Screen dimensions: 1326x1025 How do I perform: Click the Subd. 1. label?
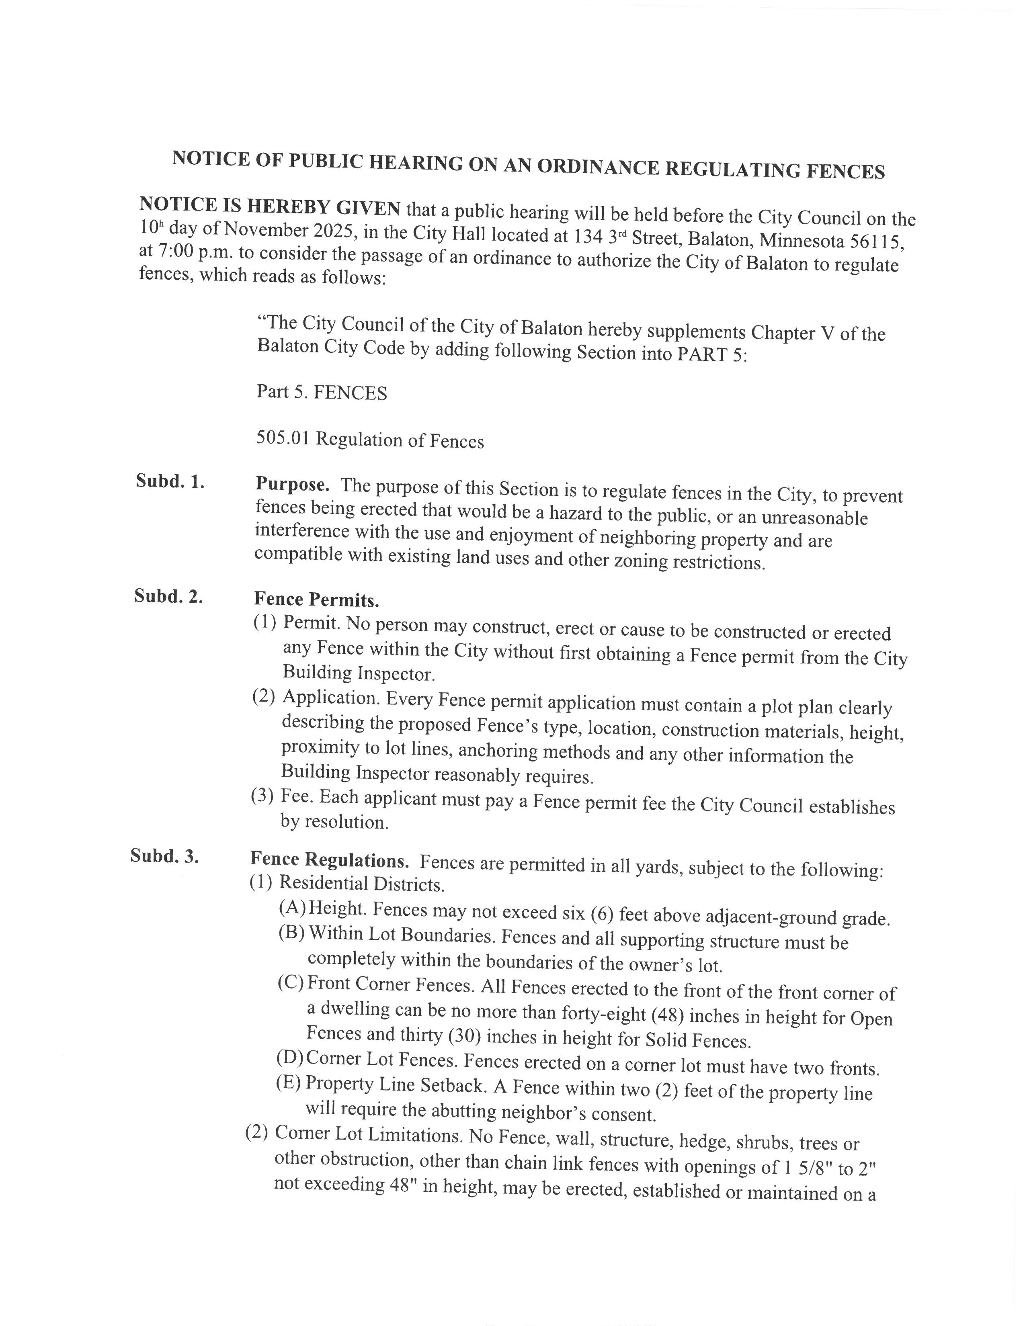pyautogui.click(x=170, y=481)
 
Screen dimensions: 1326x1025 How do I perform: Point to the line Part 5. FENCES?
pyautogui.click(x=321, y=392)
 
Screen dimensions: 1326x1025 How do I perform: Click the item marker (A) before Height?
pyautogui.click(x=292, y=908)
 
